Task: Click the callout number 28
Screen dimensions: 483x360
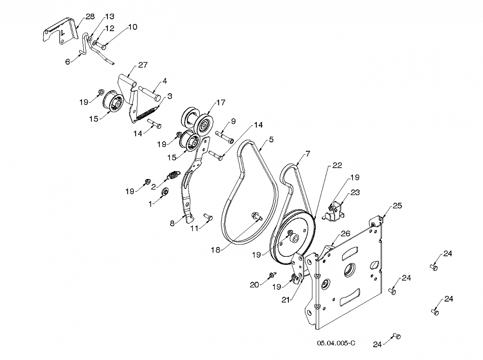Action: click(x=90, y=16)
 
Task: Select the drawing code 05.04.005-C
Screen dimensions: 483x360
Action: click(x=336, y=343)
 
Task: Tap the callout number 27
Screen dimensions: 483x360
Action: click(x=143, y=65)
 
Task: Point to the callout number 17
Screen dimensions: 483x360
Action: click(x=221, y=102)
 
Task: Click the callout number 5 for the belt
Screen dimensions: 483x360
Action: click(x=271, y=139)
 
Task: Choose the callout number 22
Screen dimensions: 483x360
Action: click(x=337, y=165)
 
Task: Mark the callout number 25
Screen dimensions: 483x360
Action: click(x=397, y=205)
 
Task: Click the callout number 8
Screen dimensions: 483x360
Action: click(x=172, y=223)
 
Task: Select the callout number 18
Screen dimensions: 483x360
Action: click(x=216, y=250)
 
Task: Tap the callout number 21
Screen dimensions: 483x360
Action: click(x=286, y=299)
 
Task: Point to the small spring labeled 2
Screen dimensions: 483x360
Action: click(x=173, y=176)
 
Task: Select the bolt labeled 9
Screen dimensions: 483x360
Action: click(x=225, y=137)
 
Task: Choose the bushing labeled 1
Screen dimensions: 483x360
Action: click(x=165, y=191)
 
